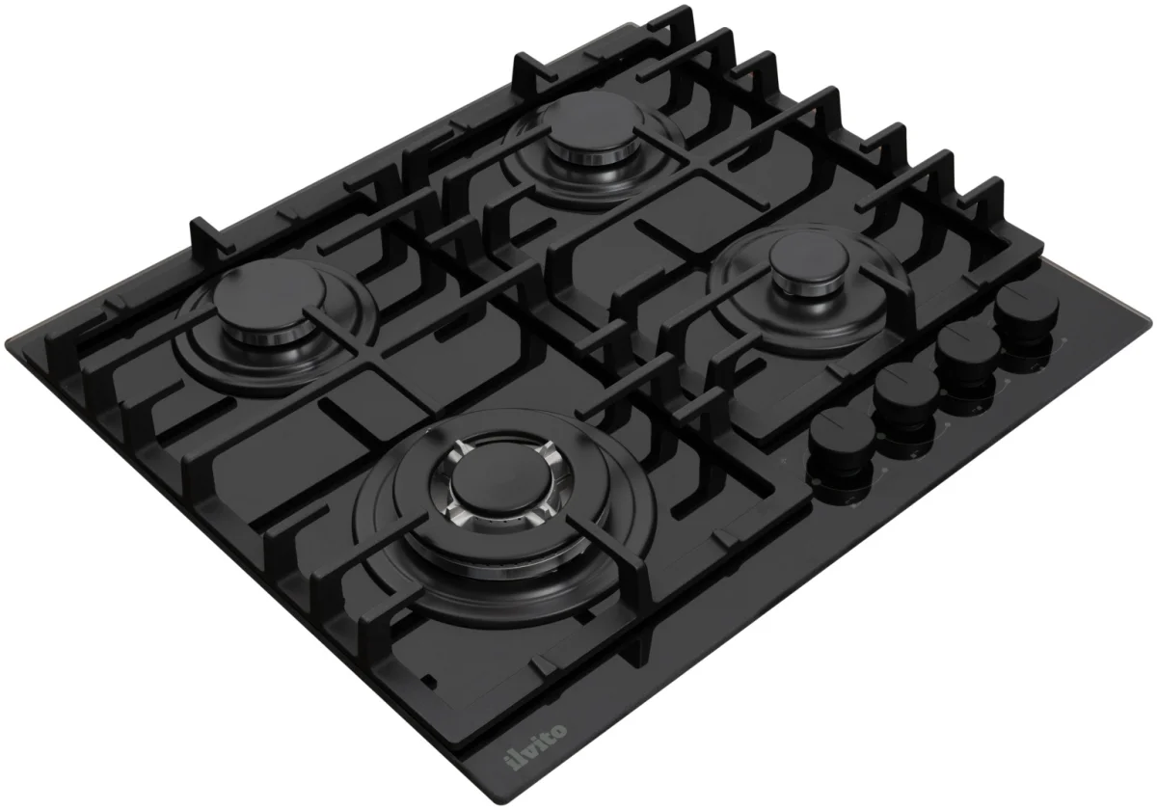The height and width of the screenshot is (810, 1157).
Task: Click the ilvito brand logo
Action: [534, 743]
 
